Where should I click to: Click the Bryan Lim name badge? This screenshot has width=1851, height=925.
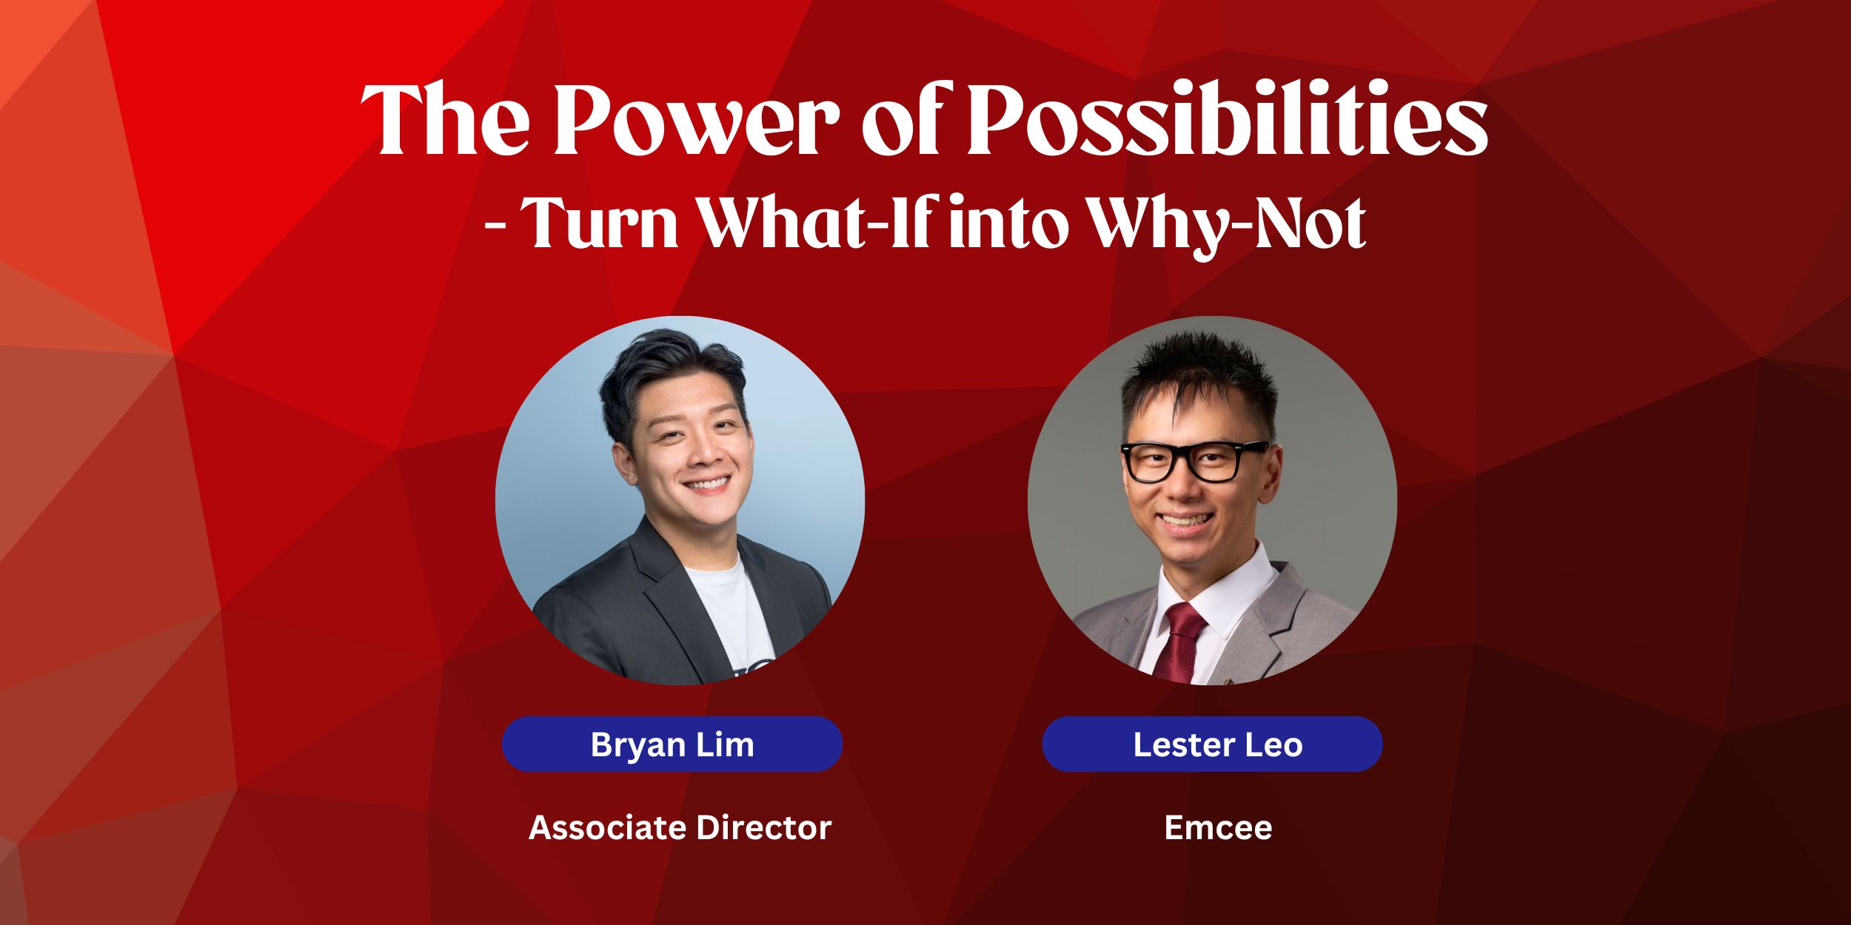[672, 744]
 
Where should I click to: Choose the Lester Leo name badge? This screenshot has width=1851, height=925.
[1212, 744]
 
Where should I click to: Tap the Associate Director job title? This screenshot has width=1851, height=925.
[680, 827]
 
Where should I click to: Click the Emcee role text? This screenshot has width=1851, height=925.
[1218, 827]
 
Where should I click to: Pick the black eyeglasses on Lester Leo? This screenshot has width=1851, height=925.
[1194, 461]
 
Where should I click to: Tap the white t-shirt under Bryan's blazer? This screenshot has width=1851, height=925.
[729, 614]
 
